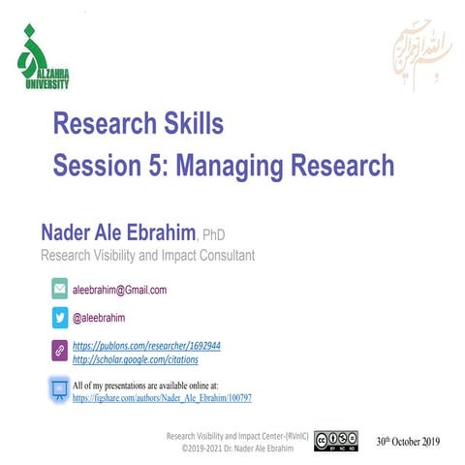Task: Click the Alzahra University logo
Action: pos(44,60)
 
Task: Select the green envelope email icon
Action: pos(59,290)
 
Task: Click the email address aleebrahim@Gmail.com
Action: pos(121,290)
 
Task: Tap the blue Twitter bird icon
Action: pos(59,316)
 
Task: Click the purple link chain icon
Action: pos(59,352)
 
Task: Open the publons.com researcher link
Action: pos(147,345)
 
